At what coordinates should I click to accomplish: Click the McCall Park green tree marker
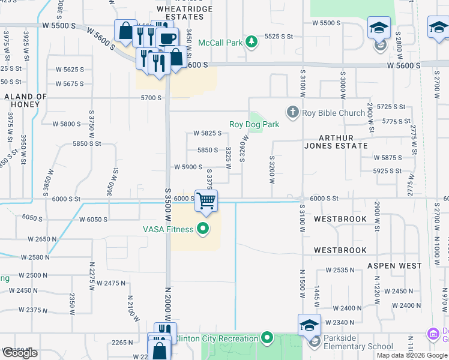[253, 41]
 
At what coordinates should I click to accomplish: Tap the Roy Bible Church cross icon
[292, 112]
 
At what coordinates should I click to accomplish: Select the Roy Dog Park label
[254, 125]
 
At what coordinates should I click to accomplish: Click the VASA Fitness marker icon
[203, 229]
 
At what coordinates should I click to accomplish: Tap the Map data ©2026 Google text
[411, 355]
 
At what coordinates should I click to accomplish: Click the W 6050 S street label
[92, 220]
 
